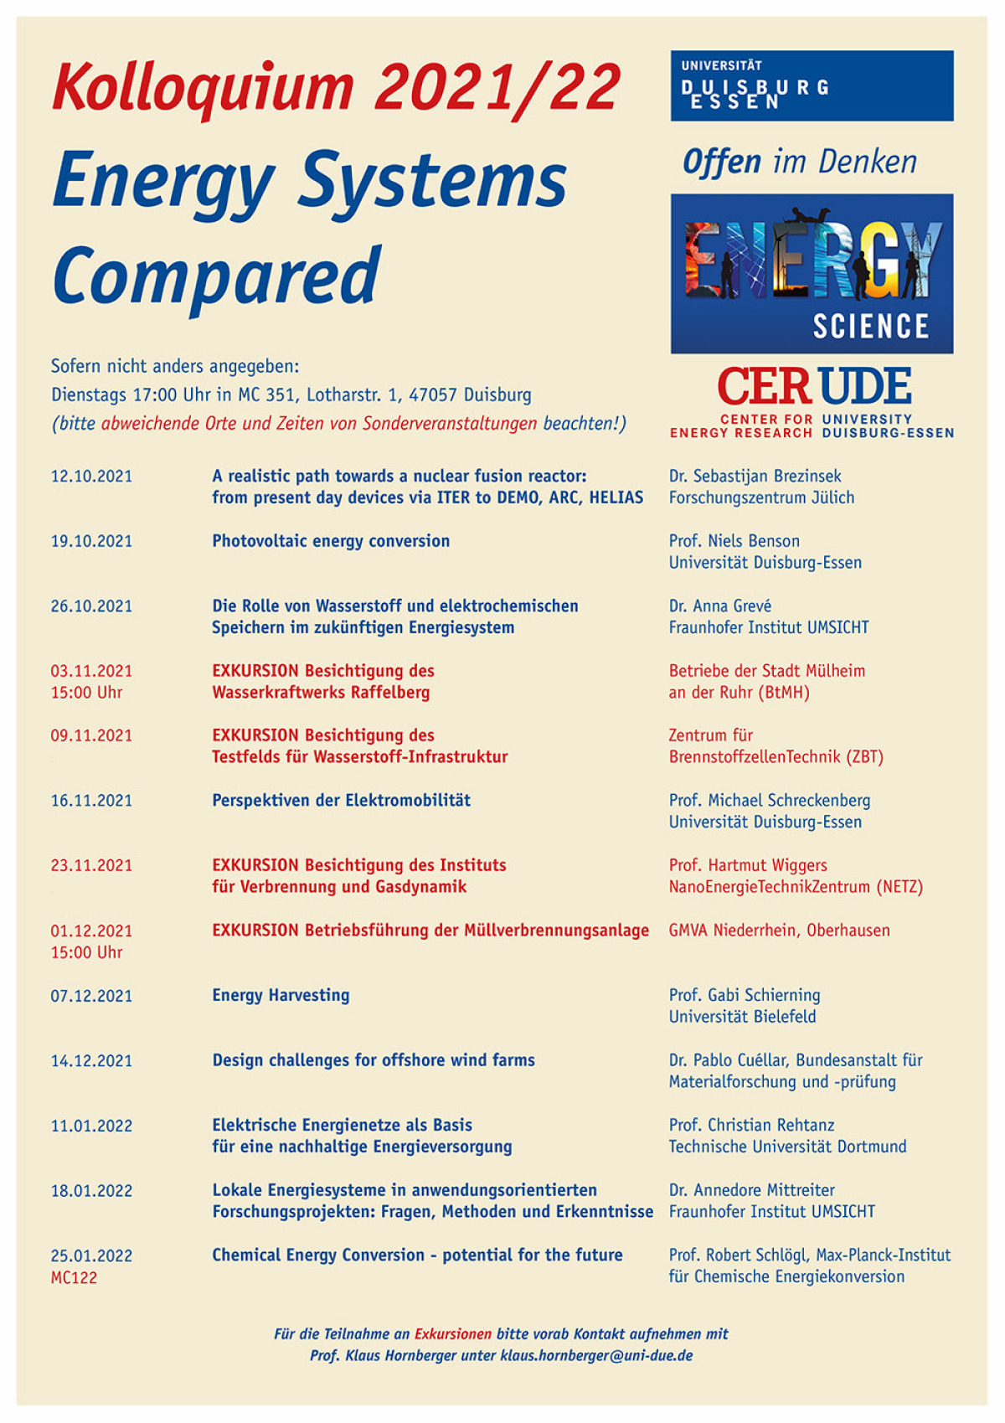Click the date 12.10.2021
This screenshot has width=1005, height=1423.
(x=91, y=477)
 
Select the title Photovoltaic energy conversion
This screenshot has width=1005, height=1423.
(x=331, y=541)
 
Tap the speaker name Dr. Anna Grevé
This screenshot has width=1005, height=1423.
(x=719, y=606)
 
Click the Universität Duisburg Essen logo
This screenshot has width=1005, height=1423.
(x=811, y=85)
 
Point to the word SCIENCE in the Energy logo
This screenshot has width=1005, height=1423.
(x=871, y=326)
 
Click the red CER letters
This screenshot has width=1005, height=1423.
(x=763, y=387)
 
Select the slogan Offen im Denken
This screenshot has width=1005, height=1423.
(x=799, y=162)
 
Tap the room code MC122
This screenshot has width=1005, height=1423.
(x=74, y=1277)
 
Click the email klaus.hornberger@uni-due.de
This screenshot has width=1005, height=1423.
(x=596, y=1355)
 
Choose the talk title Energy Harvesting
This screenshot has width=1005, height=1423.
(x=281, y=995)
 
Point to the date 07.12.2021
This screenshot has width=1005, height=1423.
(x=91, y=996)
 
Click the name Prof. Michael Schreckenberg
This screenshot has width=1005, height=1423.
(x=769, y=801)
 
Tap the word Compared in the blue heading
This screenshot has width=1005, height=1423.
(x=217, y=275)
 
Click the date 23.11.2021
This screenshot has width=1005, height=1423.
(x=91, y=865)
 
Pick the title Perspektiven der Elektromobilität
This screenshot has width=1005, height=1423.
(x=341, y=801)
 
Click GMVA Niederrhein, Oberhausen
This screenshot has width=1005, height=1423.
(x=779, y=931)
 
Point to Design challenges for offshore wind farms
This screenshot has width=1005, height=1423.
(x=373, y=1060)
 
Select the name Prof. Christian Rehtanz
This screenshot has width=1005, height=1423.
(x=751, y=1125)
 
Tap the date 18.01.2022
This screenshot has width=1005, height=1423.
(x=91, y=1190)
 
